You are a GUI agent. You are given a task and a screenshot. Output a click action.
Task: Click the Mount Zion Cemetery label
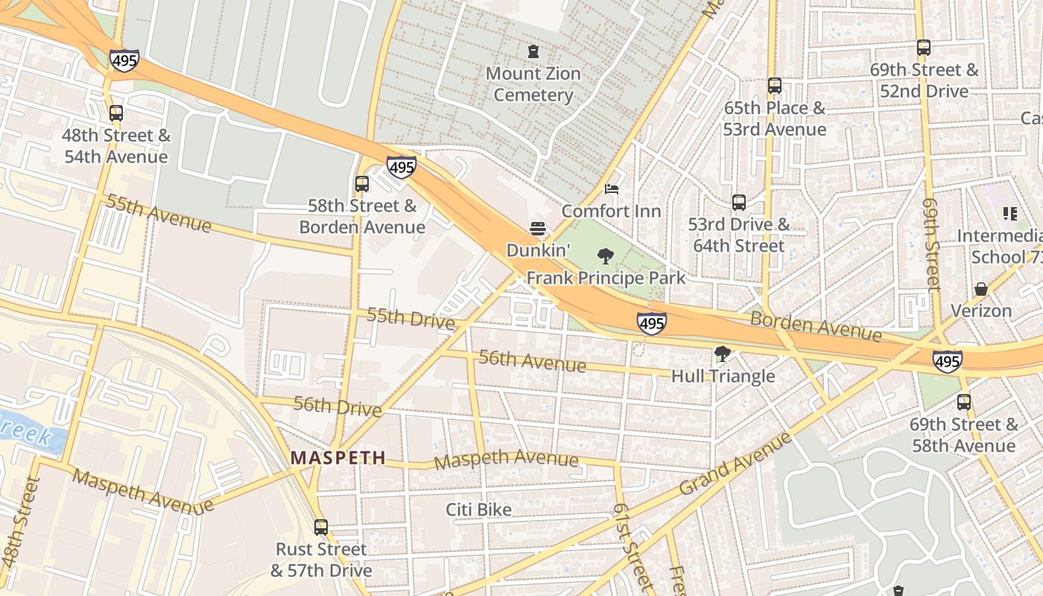[533, 84]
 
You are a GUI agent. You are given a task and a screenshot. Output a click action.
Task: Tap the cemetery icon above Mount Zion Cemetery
[533, 51]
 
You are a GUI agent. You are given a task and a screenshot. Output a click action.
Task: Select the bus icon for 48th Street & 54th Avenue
[115, 113]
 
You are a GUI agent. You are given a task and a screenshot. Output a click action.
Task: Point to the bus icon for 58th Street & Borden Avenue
[362, 183]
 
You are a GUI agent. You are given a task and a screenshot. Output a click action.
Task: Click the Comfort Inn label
[611, 211]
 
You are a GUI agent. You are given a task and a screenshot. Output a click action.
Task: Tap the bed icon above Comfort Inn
[612, 189]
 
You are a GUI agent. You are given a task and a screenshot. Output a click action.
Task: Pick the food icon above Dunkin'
[538, 229]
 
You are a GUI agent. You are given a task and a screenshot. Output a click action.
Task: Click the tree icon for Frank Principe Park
[606, 256]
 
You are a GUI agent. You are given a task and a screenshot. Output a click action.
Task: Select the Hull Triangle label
[723, 376]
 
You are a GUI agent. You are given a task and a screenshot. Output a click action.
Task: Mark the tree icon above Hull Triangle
[722, 354]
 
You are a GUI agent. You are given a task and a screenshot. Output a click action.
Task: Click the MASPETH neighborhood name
[338, 457]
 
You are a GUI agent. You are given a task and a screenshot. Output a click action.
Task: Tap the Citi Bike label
[478, 510]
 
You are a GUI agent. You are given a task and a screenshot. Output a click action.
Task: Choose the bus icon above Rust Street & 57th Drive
[321, 527]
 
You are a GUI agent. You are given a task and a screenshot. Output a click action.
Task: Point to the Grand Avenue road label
[735, 463]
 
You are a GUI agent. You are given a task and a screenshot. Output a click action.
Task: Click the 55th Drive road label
[410, 318]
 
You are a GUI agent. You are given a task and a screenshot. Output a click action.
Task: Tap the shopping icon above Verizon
[981, 289]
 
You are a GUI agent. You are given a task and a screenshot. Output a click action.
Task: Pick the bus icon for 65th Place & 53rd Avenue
[775, 86]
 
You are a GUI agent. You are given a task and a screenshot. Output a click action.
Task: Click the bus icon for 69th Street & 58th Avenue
[964, 402]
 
